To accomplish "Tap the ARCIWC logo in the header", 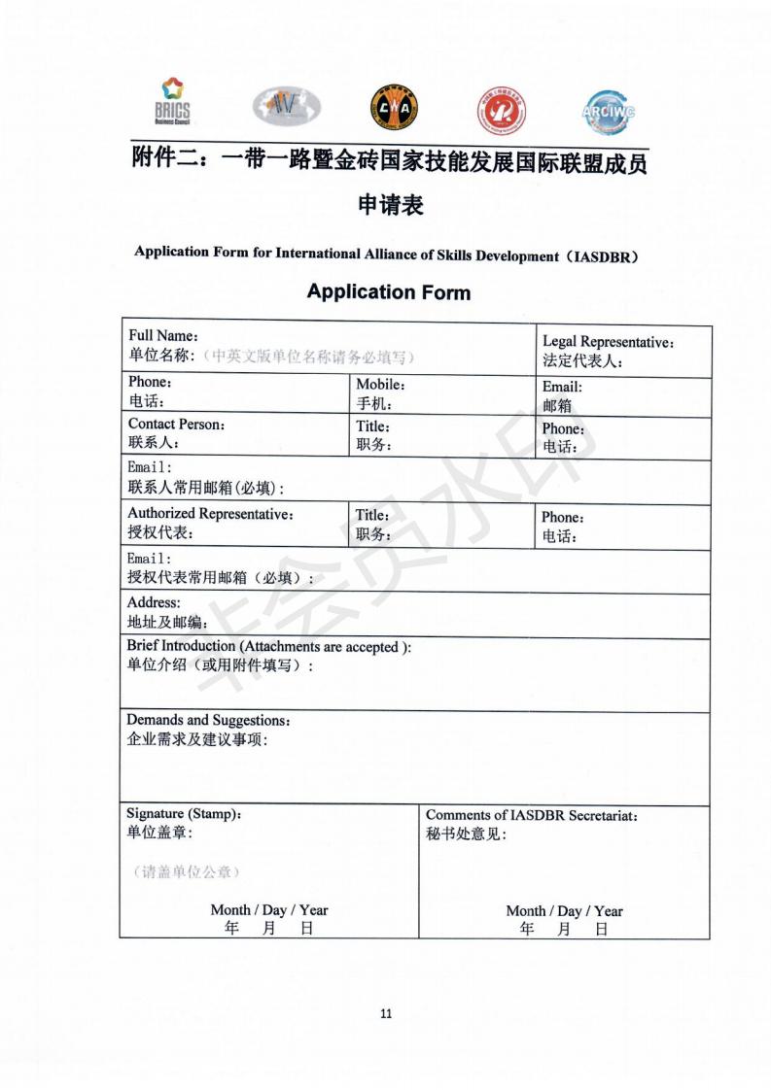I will [610, 110].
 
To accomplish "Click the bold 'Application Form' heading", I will [388, 291].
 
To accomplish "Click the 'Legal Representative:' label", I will [608, 342].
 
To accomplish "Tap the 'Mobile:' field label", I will [380, 385].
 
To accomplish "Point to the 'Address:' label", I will [154, 602].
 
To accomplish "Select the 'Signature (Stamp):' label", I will [184, 813].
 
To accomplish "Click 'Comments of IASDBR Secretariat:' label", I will [532, 815].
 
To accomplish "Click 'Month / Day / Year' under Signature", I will [269, 910].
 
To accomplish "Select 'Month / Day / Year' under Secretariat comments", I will [564, 911].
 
